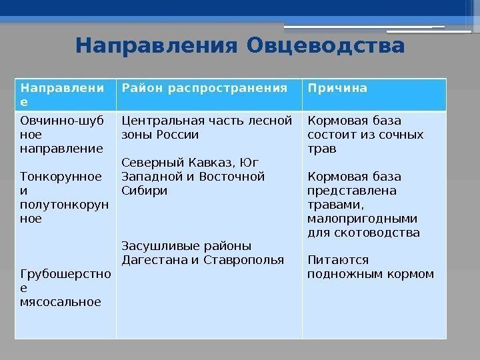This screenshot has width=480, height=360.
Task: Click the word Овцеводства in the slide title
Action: [x=325, y=47]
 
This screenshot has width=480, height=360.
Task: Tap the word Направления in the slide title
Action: [x=158, y=47]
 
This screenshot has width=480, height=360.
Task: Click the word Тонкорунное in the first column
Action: [x=62, y=177]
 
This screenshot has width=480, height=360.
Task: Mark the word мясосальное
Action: [x=61, y=301]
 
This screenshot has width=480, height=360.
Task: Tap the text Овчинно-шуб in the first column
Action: [x=62, y=121]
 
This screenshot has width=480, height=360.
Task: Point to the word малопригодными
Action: [x=362, y=219]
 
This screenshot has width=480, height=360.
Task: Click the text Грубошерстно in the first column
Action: [x=66, y=273]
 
